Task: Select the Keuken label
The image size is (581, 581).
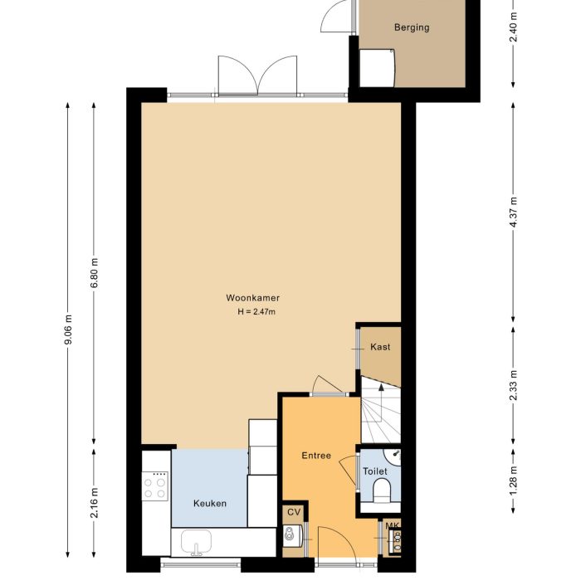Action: [209, 503]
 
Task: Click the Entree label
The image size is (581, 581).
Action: [316, 456]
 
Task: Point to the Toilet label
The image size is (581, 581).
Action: [375, 471]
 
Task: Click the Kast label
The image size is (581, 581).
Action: [380, 347]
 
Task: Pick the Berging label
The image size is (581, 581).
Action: [412, 27]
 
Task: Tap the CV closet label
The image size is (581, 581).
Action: [293, 512]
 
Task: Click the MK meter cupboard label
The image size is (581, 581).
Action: [393, 526]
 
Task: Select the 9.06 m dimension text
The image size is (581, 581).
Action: [68, 332]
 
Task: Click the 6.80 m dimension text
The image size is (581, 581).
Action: [94, 273]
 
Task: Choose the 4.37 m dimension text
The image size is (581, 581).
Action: [514, 203]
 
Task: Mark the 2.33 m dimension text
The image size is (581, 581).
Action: [514, 387]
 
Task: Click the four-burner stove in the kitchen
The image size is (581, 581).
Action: [155, 486]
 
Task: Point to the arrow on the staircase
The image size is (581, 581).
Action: [380, 390]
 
